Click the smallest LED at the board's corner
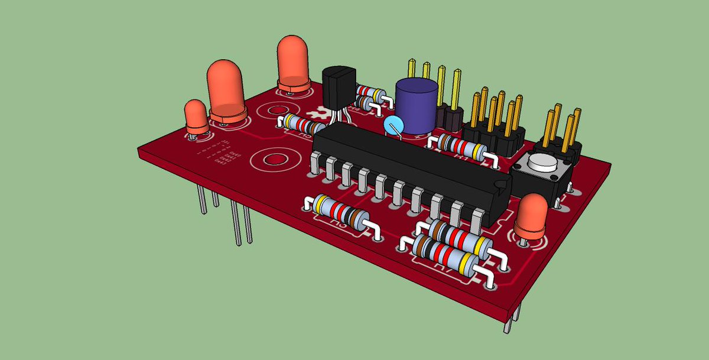tap(196, 116)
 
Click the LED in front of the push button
tap(530, 219)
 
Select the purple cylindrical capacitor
tap(417, 105)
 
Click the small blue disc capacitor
tap(391, 126)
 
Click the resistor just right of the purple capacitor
tap(460, 146)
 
